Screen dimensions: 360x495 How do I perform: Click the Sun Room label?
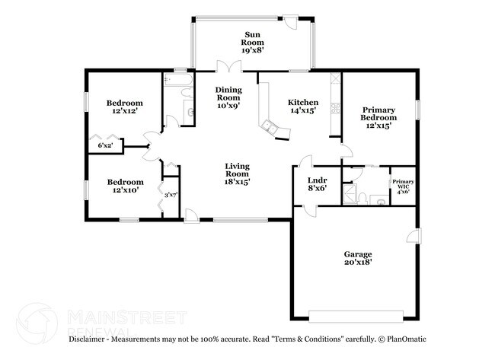(252, 41)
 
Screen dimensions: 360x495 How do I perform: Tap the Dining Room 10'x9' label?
(228, 97)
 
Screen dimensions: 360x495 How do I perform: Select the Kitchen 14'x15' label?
(302, 108)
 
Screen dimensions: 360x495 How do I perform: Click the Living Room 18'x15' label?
(237, 174)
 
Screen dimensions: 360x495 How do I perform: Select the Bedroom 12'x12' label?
(124, 107)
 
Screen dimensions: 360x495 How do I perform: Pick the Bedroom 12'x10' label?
(124, 186)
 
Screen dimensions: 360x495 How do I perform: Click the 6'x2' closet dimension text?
(105, 145)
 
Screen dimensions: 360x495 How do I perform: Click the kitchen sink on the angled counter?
(270, 126)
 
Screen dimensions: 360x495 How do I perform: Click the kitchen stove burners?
(334, 111)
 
